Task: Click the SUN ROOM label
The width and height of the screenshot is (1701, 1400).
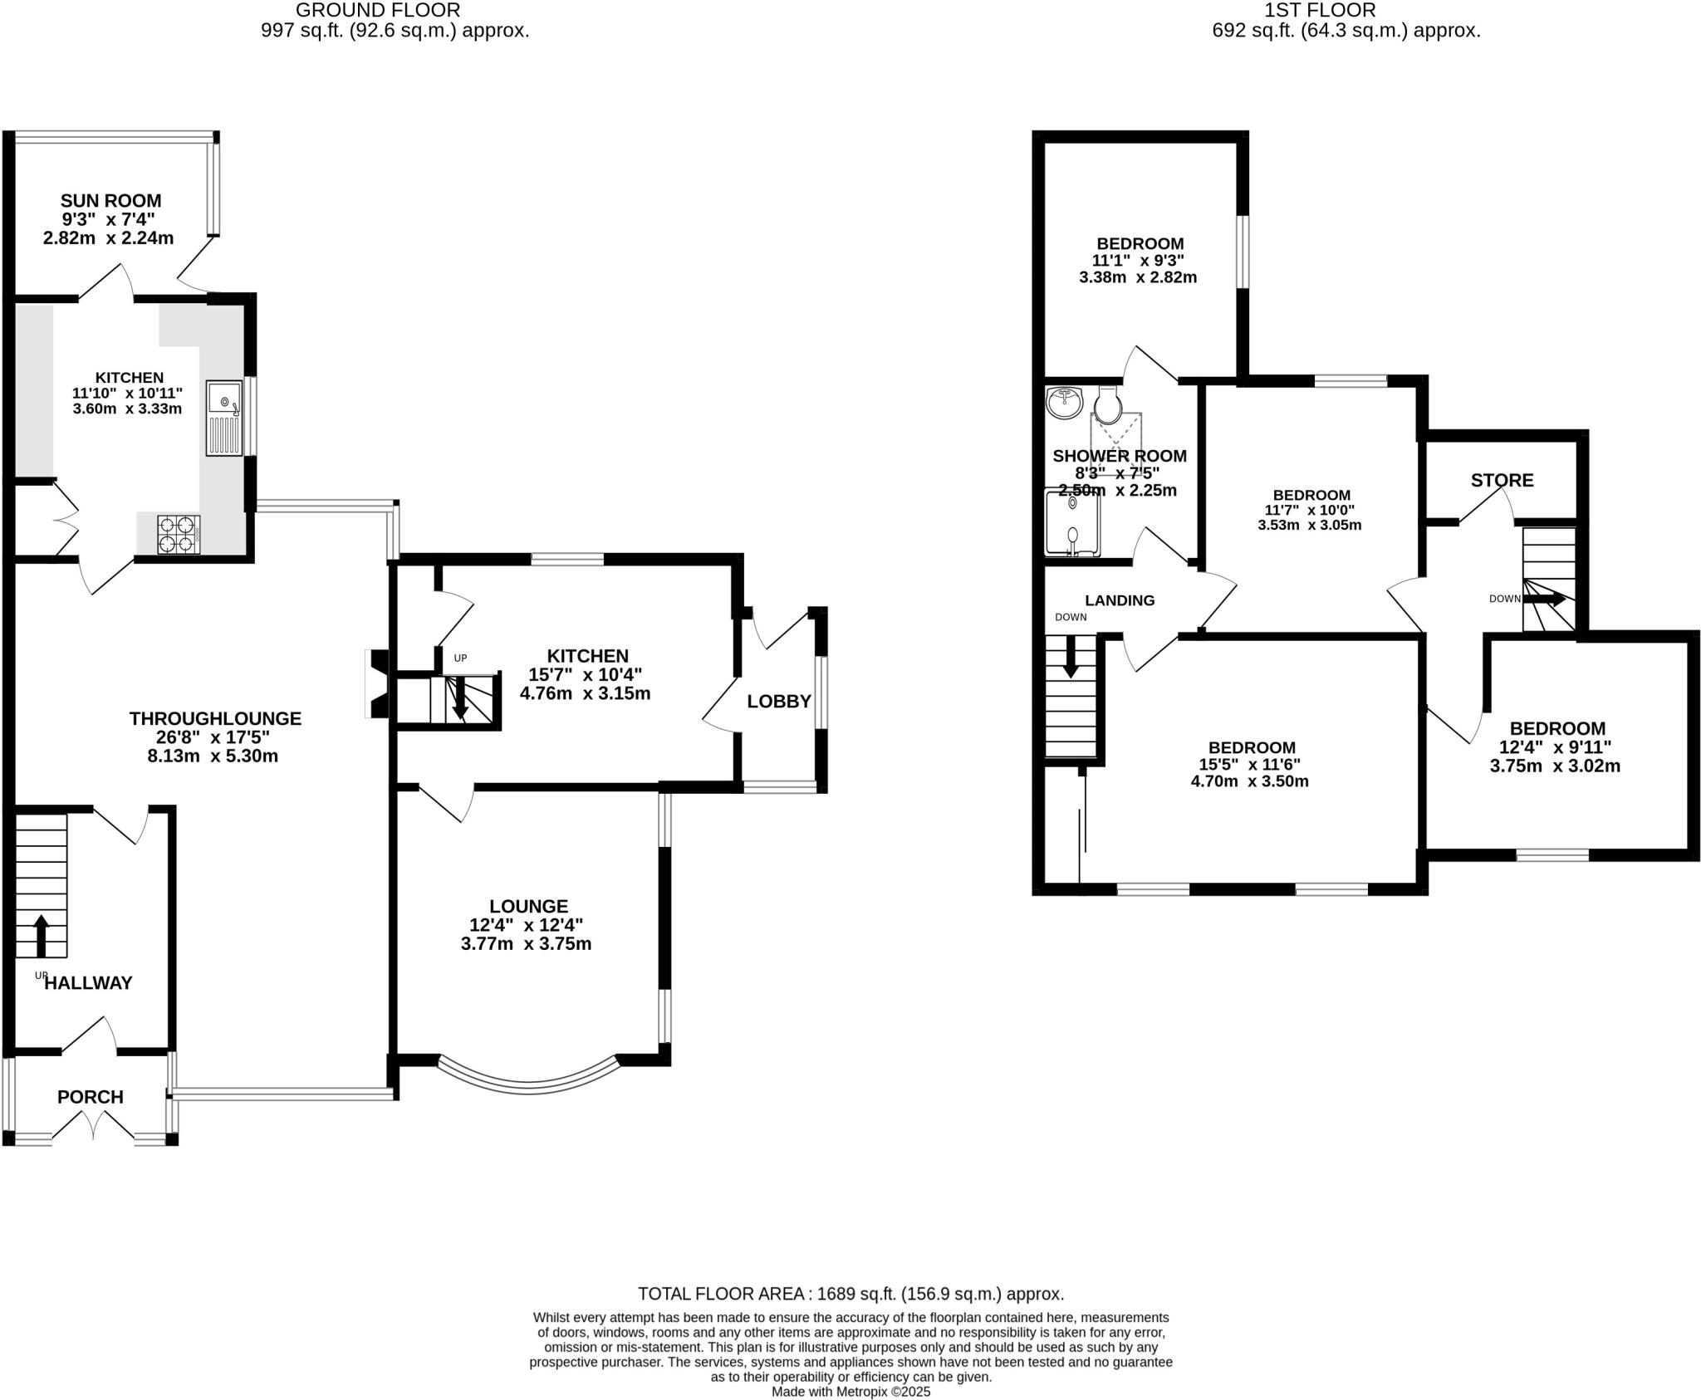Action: click(110, 201)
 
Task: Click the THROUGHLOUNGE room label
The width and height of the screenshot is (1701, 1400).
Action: click(215, 718)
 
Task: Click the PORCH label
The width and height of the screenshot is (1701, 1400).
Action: click(91, 1097)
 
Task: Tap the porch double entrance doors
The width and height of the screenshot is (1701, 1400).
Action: click(94, 1128)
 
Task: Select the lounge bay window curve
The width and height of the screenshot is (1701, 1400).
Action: click(528, 1079)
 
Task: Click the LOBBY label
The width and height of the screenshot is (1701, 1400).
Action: click(778, 702)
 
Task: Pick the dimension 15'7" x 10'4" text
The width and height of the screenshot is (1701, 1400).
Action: click(586, 675)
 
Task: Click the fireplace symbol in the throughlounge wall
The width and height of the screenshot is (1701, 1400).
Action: click(376, 683)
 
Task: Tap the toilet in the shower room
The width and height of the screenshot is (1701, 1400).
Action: click(1108, 404)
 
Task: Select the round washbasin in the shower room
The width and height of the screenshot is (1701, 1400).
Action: click(1064, 403)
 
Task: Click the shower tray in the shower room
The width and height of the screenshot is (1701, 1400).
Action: click(1072, 523)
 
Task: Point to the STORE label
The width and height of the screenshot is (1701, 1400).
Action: click(1502, 480)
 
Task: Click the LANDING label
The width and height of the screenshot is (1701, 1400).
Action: click(1120, 600)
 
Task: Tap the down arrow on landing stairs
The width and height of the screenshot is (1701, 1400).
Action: click(1071, 656)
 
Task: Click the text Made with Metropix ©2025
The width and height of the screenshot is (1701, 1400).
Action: click(850, 1392)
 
